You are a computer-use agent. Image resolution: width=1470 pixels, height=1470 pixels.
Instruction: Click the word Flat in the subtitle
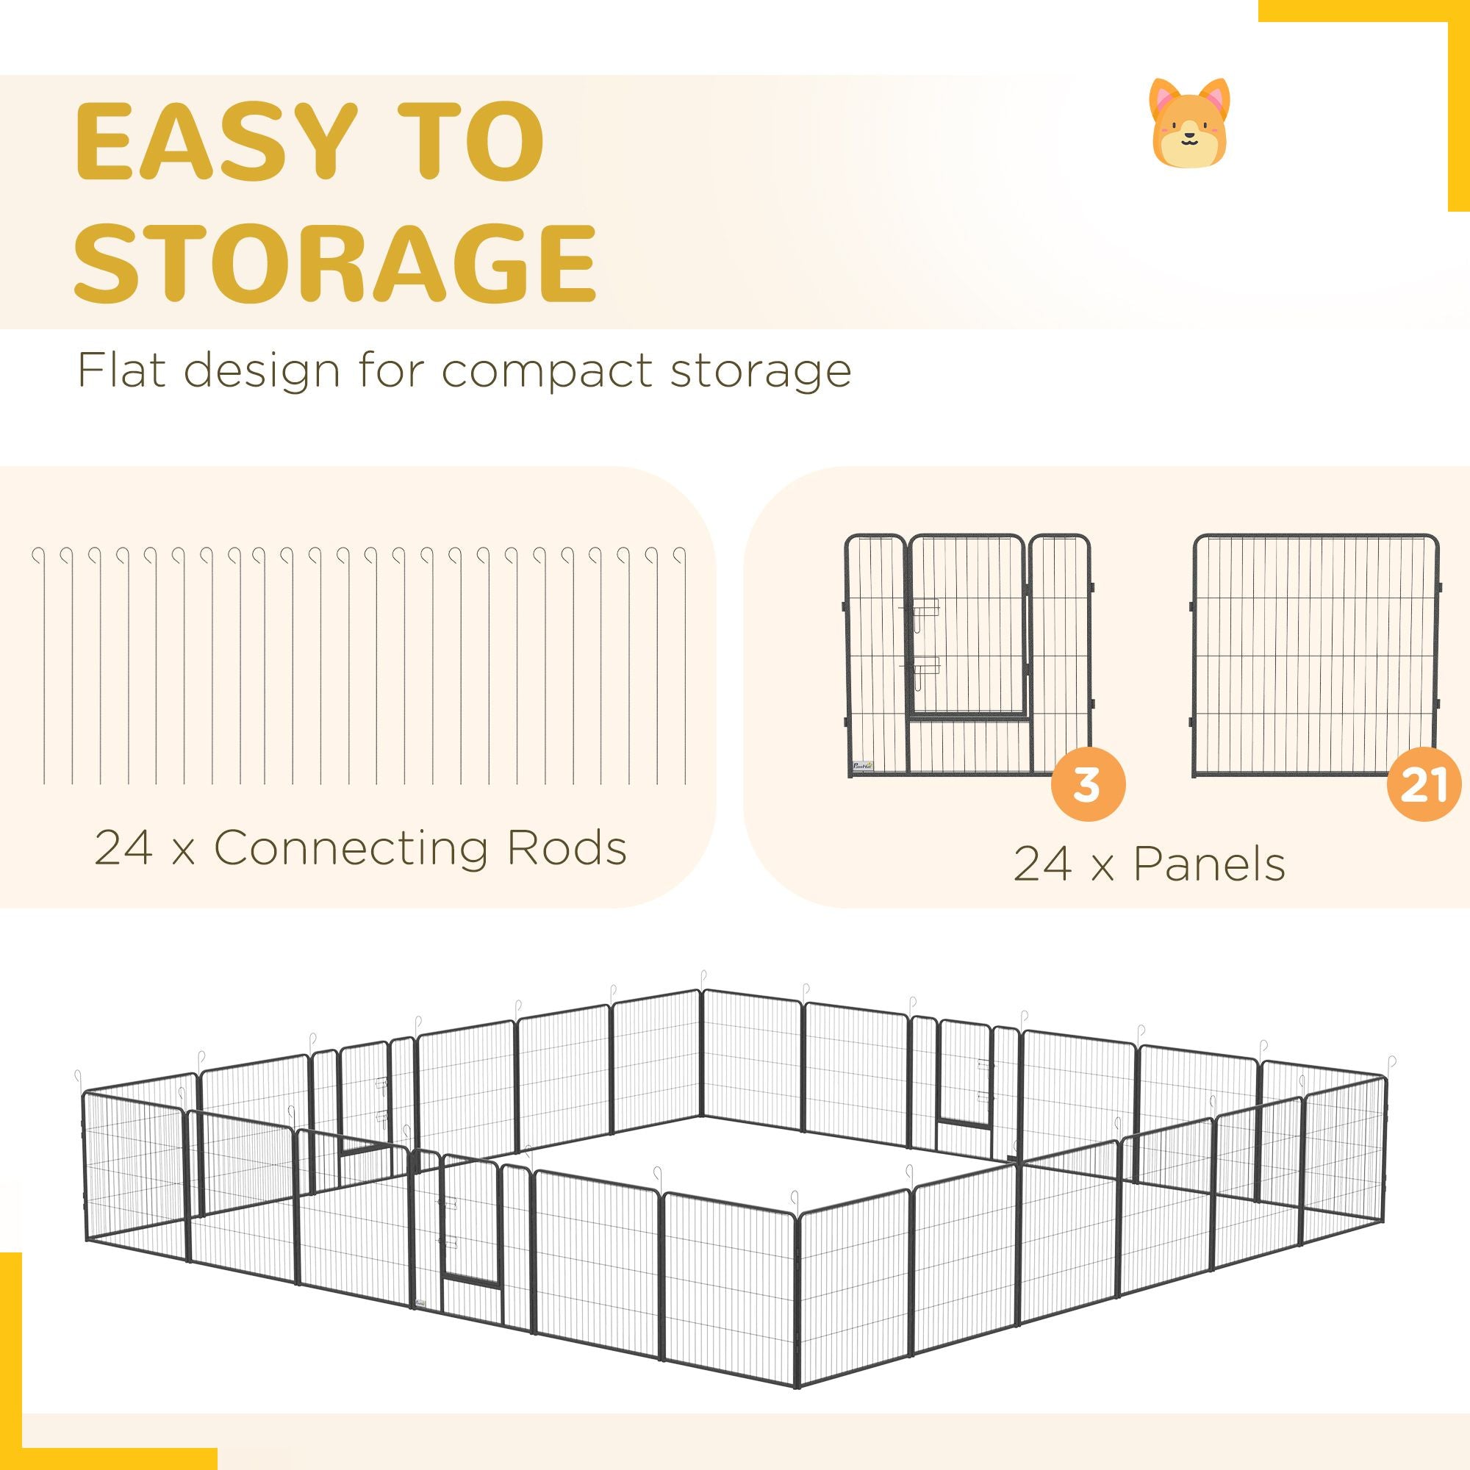(x=122, y=370)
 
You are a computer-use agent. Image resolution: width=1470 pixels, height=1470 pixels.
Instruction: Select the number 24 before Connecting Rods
(x=121, y=847)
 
